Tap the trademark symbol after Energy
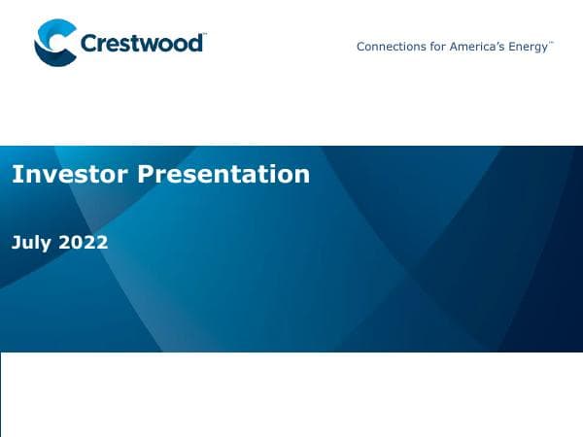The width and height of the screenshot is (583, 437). point(552,43)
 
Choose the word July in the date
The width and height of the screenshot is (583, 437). point(32,243)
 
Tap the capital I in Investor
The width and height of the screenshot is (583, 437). point(16,174)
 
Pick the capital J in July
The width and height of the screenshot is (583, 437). point(17,243)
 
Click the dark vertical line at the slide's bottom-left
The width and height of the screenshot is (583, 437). point(1,393)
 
